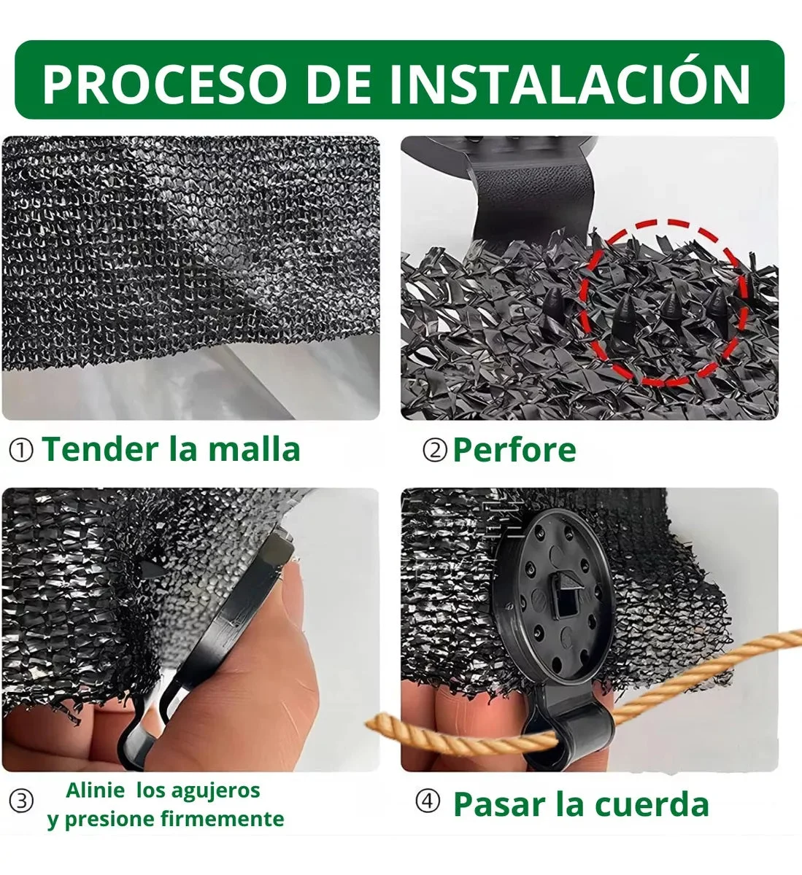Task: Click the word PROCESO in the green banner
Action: click(164, 83)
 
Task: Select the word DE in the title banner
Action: click(337, 84)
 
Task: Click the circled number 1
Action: click(21, 451)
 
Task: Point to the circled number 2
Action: click(435, 451)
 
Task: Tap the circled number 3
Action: click(21, 801)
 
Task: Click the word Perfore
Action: click(514, 449)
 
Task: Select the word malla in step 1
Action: click(255, 449)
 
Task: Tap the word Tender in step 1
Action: click(101, 449)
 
